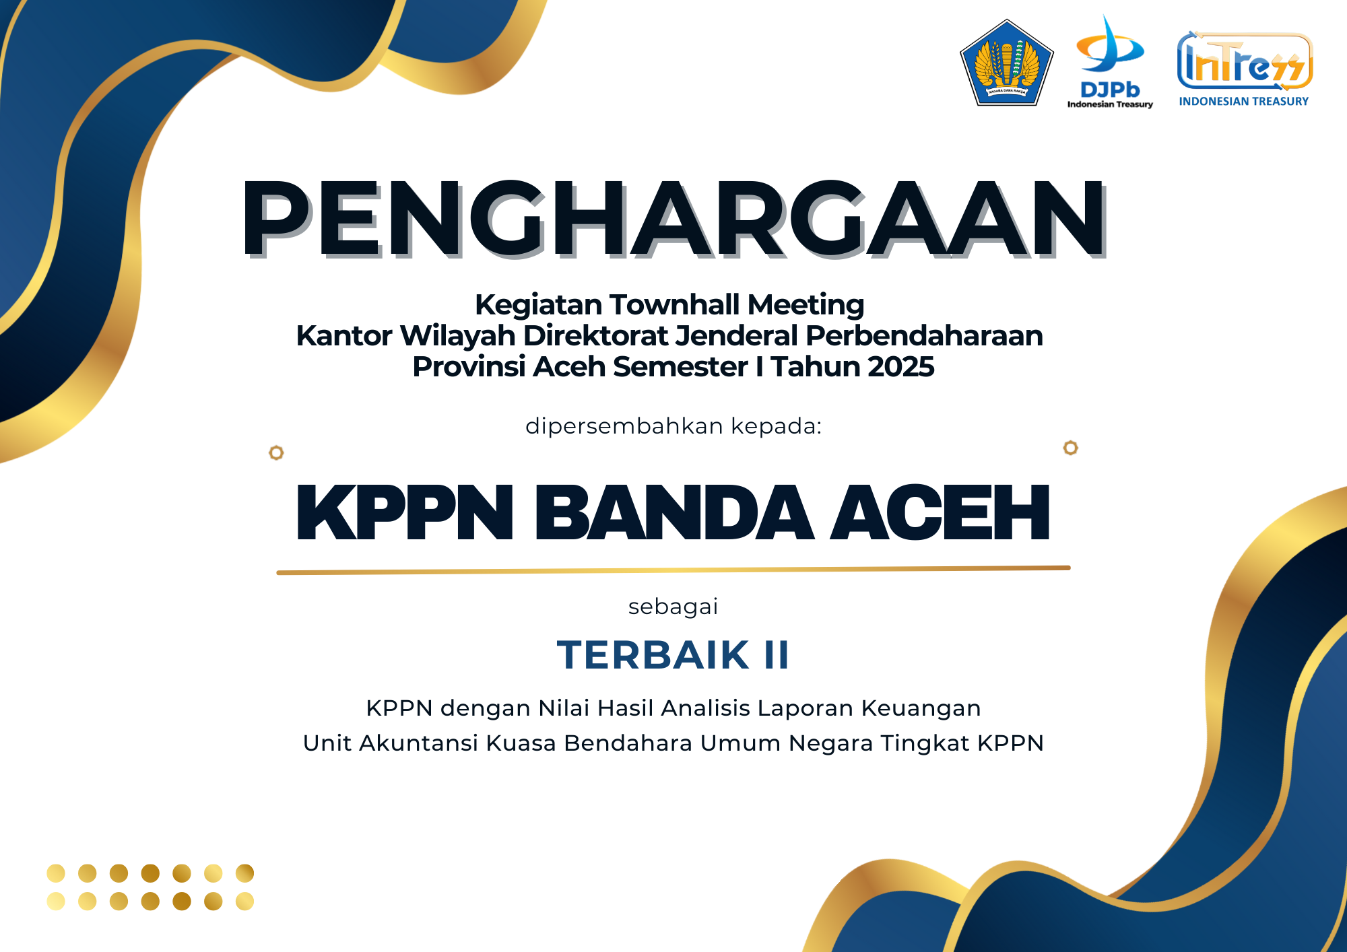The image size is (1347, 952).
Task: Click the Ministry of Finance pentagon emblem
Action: [x=1006, y=63]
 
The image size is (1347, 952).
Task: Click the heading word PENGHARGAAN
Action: [x=673, y=219]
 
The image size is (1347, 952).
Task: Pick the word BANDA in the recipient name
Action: [x=674, y=513]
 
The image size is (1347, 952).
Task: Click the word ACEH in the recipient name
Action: [x=940, y=513]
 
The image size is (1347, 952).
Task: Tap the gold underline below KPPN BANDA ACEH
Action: [x=673, y=570]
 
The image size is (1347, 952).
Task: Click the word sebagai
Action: [x=673, y=607]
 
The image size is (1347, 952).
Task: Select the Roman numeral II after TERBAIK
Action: [x=777, y=655]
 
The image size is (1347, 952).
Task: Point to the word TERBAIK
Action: [x=653, y=655]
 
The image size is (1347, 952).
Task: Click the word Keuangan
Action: [x=921, y=709]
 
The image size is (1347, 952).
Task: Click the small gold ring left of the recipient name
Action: [x=276, y=452]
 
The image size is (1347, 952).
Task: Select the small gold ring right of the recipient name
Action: [x=1071, y=448]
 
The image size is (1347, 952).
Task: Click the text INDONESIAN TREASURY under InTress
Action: [x=1244, y=102]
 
